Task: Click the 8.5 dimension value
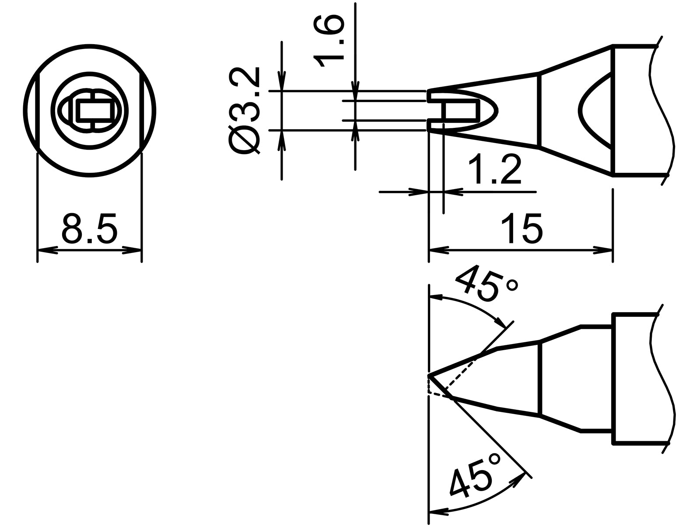tap(90, 229)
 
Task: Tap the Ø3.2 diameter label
tap(244, 111)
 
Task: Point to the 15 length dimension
tap(524, 229)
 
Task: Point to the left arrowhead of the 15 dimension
tap(438, 250)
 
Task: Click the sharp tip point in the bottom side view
tap(430, 376)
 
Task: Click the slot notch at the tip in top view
tap(437, 110)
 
